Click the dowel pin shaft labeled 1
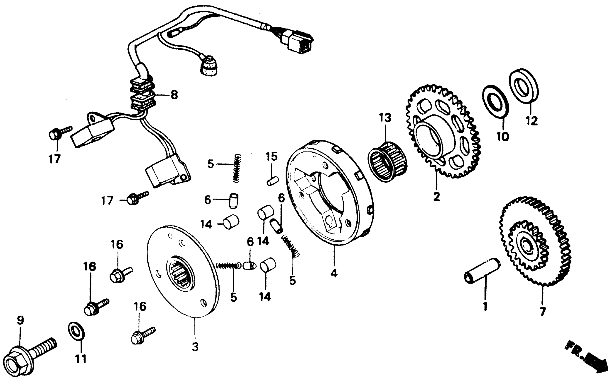482,271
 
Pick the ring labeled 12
524,86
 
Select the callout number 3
195,347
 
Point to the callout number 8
174,95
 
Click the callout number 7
542,311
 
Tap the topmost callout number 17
54,159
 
